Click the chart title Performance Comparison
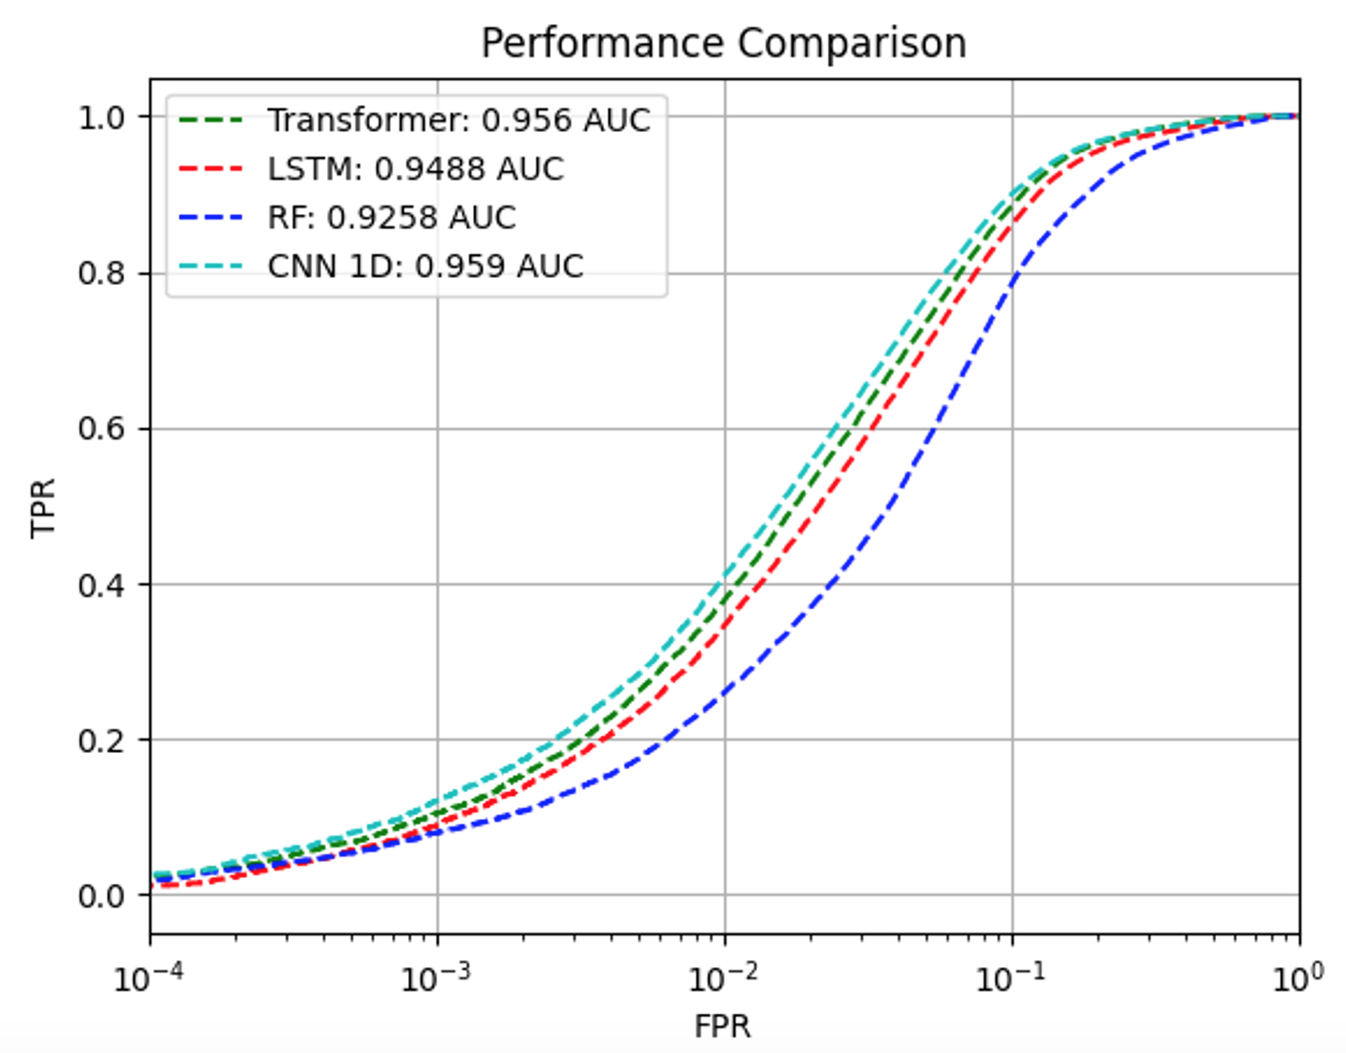point(724,43)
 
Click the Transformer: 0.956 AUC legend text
point(459,120)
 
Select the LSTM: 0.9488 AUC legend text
point(416,169)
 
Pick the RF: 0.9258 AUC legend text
point(392,218)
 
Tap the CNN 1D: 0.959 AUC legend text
point(425,266)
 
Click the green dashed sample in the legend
point(211,120)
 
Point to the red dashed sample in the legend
point(211,169)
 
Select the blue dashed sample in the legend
point(211,218)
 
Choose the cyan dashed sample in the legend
point(211,266)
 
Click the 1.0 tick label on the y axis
point(101,118)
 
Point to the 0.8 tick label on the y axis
point(101,273)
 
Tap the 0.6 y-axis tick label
point(101,429)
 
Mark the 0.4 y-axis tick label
point(101,585)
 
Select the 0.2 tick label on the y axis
point(101,741)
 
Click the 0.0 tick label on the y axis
point(101,896)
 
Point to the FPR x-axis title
point(723,1026)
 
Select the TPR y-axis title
point(44,508)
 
